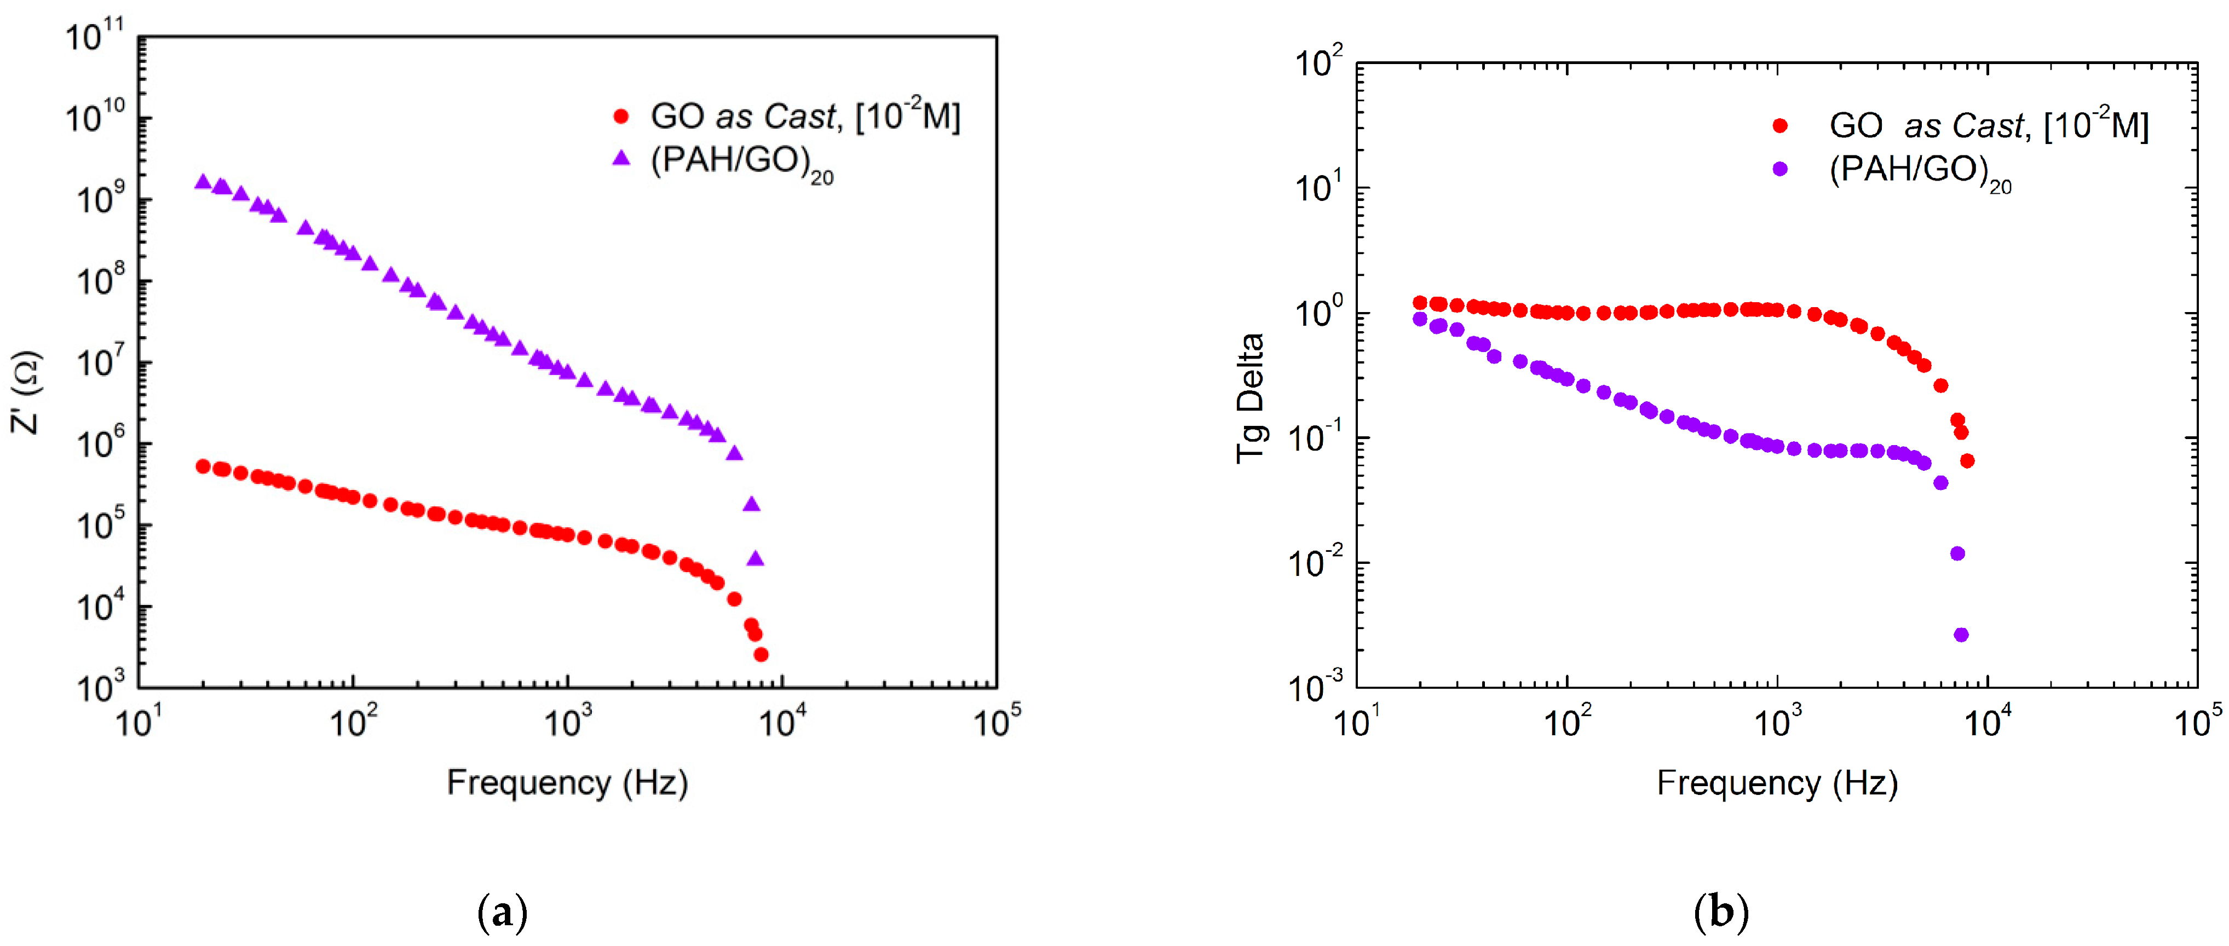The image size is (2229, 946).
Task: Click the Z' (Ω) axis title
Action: (x=26, y=391)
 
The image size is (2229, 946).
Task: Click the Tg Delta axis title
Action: (x=1251, y=398)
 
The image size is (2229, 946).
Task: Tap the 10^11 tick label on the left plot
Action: (x=95, y=36)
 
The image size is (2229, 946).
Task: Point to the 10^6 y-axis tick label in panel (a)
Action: (x=100, y=443)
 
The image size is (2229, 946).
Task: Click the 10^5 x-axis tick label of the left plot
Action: (x=997, y=720)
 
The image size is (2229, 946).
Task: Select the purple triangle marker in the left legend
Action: (x=621, y=158)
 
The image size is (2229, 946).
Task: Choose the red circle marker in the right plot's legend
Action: (x=1780, y=125)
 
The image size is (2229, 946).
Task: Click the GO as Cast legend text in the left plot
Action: (x=805, y=116)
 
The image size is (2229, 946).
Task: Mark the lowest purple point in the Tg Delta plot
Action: (x=1961, y=634)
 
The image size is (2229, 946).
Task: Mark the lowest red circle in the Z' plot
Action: (x=761, y=654)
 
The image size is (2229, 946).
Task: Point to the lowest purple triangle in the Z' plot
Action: (x=756, y=558)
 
